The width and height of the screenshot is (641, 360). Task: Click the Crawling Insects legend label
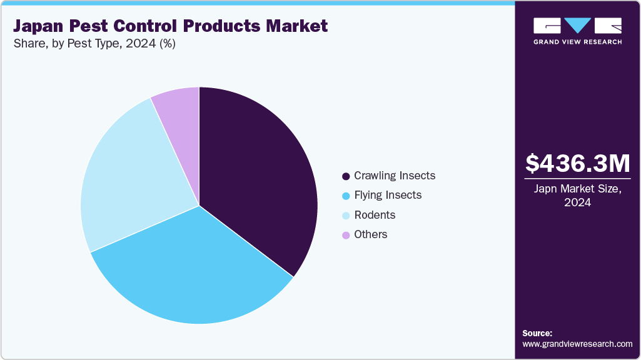[x=394, y=176]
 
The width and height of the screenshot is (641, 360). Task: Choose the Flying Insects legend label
[x=387, y=195]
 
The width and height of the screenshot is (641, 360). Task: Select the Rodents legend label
[x=374, y=214]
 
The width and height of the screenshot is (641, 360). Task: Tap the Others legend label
[x=370, y=234]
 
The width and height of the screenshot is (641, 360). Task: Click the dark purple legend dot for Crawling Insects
[x=345, y=176]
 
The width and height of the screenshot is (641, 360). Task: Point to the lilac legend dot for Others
[x=345, y=234]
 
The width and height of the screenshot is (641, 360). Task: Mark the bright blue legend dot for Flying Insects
[x=345, y=196]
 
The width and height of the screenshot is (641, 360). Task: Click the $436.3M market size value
[x=577, y=164]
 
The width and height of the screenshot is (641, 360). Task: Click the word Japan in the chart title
[x=39, y=26]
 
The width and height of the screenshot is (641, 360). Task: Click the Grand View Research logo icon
[x=577, y=26]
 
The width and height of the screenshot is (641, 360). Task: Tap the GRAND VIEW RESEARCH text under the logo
[x=577, y=42]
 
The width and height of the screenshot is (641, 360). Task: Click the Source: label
[x=537, y=333]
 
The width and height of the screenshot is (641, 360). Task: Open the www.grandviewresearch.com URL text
[x=577, y=344]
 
